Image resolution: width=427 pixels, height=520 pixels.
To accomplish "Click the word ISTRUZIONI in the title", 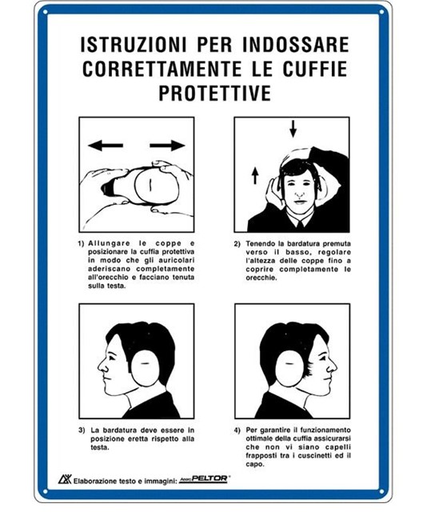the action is pos(134,45).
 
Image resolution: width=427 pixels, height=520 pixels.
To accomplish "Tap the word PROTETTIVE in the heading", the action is pos(215,93).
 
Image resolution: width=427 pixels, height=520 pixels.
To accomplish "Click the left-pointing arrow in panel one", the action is pos(106,146).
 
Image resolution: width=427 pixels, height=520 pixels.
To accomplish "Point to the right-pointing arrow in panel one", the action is pos(167,146).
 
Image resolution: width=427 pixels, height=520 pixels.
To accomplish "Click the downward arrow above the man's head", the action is pos(293,129).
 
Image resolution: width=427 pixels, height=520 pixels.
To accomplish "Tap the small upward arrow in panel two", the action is pos(255,175).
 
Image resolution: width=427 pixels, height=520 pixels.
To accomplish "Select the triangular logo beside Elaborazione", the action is pos(65,479).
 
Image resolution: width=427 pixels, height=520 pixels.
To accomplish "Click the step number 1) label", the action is pos(82,244).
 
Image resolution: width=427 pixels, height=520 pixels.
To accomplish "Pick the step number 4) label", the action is pos(237,430).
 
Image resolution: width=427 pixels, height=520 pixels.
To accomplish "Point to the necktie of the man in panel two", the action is pos(300,226).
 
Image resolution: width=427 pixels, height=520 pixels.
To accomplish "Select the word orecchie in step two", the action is pos(261,278).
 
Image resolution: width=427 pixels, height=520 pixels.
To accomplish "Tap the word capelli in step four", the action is pos(338,447).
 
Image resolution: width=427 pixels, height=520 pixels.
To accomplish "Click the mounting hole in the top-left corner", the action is pos(46,12).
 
